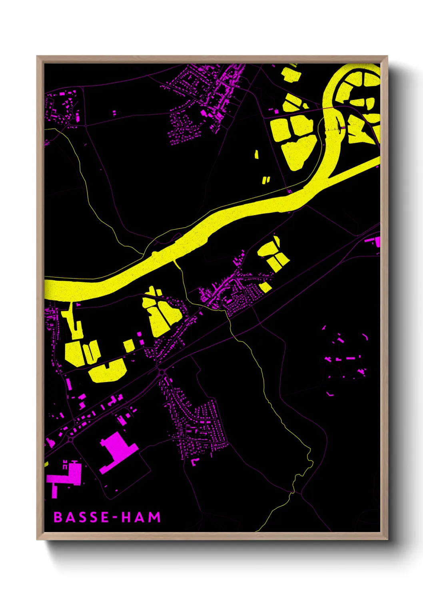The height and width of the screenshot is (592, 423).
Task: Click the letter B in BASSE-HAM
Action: point(58,517)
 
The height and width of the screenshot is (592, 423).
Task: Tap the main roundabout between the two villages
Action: point(162,373)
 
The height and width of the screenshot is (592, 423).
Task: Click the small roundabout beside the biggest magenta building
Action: point(71,439)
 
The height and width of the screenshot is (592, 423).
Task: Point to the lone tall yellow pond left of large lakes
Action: point(256,154)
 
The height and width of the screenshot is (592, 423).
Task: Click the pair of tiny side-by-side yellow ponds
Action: point(266,180)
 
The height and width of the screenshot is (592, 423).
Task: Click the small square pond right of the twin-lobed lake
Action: point(129,345)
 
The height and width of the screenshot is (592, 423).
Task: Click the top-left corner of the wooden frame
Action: point(38,57)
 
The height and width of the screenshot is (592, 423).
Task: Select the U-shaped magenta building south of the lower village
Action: point(195,462)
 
